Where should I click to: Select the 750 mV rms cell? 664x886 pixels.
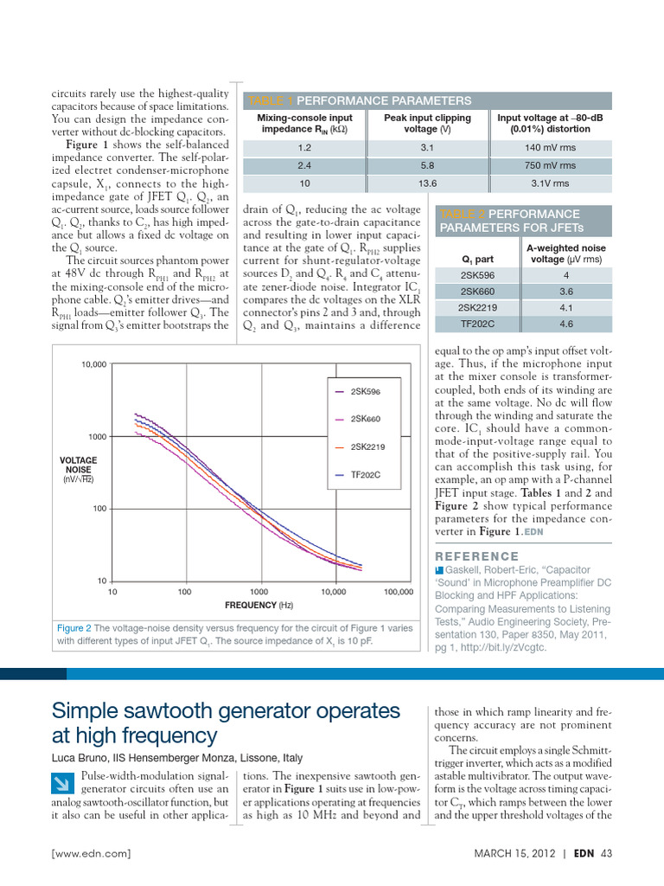point(549,165)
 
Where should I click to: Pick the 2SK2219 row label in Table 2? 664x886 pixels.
point(477,307)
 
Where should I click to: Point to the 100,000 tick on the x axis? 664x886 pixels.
point(398,592)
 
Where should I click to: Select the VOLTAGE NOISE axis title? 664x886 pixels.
point(78,465)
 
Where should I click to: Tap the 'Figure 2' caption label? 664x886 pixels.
point(74,628)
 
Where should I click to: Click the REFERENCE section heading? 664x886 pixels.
point(477,556)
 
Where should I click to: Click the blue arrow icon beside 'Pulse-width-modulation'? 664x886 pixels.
point(63,785)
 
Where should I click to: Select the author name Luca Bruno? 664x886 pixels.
point(82,758)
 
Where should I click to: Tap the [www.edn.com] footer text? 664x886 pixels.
point(92,854)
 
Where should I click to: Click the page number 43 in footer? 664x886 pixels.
point(605,854)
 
